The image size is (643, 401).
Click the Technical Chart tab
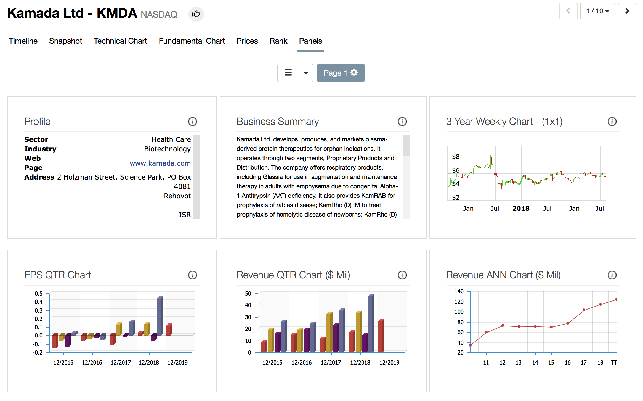click(120, 41)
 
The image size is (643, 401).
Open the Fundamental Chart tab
click(192, 41)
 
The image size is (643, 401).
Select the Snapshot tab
click(65, 41)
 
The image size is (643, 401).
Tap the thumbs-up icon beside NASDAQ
click(196, 14)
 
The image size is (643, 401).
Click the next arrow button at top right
click(627, 11)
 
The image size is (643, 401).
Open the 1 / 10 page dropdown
click(597, 11)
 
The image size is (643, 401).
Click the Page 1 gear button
click(340, 73)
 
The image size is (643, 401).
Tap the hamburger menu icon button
click(288, 73)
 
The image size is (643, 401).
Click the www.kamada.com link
click(160, 163)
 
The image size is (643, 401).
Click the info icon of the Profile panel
click(192, 122)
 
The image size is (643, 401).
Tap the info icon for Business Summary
click(402, 122)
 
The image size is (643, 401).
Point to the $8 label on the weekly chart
click(456, 157)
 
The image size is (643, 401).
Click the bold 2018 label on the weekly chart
click(521, 209)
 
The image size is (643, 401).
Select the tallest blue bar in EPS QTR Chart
click(160, 316)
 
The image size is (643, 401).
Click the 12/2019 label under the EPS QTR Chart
click(177, 363)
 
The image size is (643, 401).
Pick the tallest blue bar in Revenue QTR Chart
click(371, 323)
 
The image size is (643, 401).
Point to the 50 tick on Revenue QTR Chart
click(248, 293)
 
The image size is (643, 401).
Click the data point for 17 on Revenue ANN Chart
click(584, 310)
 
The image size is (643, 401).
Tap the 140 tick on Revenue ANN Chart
click(459, 291)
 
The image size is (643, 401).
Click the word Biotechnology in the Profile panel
click(167, 149)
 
